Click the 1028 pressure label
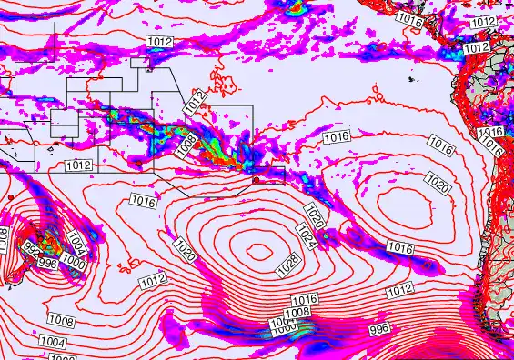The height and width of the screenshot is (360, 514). [287, 265]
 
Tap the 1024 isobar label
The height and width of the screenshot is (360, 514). [307, 237]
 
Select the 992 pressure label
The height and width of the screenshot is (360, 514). [32, 247]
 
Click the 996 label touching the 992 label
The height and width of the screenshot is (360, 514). [48, 263]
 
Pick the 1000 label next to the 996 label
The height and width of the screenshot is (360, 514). [75, 263]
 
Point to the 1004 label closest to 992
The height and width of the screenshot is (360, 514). [76, 243]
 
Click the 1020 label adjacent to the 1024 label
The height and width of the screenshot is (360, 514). [314, 216]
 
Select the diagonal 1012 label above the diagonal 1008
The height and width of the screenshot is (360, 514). [196, 101]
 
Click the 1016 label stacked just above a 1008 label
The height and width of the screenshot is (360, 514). [305, 299]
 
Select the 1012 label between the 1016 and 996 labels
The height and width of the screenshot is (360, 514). [399, 291]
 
